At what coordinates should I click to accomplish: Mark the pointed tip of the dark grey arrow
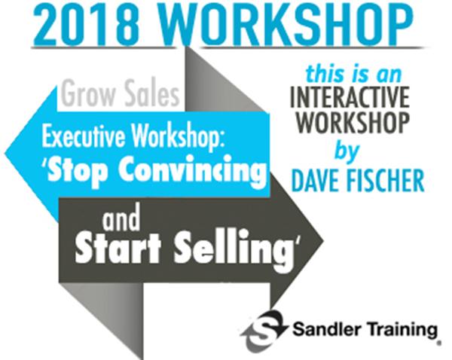pos(323,240)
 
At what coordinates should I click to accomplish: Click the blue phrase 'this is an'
pos(353,74)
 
